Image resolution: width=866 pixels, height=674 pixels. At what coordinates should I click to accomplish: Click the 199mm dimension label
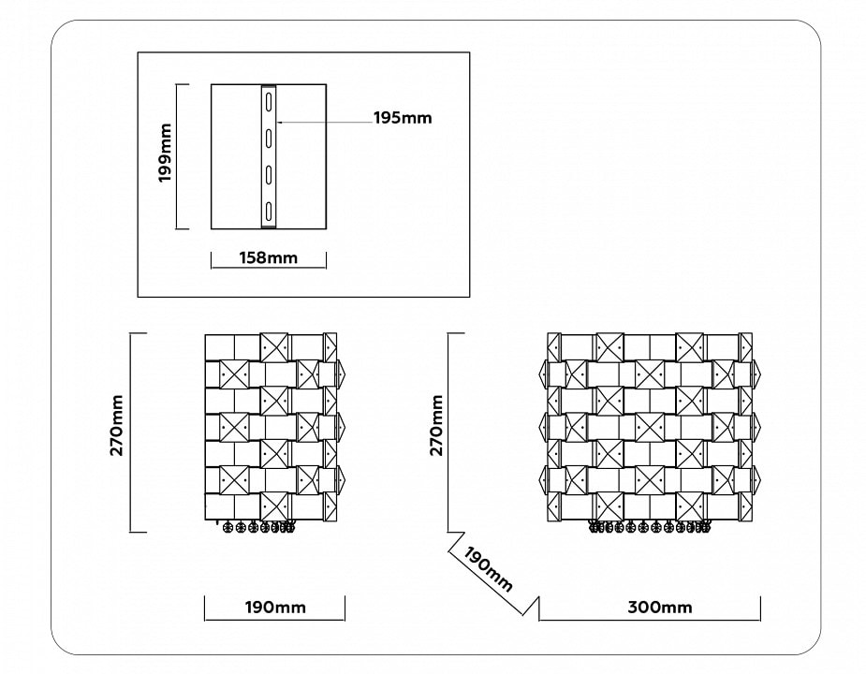pos(165,154)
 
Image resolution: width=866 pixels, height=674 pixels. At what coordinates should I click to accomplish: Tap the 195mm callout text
pos(403,118)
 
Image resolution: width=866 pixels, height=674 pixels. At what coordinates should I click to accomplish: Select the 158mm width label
pos(268,257)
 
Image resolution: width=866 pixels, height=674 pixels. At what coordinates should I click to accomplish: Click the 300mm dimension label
pos(659,608)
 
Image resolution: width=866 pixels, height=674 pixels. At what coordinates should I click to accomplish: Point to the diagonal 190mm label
pos(489,569)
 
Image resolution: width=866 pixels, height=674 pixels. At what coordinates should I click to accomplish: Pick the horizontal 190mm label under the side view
pos(275,608)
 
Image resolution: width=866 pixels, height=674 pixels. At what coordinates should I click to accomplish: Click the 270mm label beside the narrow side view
pos(117,424)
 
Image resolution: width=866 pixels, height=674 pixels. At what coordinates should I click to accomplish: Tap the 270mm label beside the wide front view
pos(437,424)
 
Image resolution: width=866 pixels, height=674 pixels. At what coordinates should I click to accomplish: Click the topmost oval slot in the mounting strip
pos(269,102)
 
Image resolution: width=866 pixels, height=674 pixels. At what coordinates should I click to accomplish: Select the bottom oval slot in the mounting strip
pos(269,211)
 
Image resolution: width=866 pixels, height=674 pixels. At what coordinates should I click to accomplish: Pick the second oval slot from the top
pos(269,139)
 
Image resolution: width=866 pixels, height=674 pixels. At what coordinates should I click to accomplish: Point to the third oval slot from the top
pos(269,174)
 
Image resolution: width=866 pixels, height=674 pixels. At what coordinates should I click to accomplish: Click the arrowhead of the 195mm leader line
pos(279,122)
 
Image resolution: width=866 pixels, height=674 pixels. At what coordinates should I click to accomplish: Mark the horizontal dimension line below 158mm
pos(269,268)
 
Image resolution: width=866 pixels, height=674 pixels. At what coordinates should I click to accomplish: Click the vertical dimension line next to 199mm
pos(176,156)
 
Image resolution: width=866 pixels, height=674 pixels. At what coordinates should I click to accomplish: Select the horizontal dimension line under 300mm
pos(650,620)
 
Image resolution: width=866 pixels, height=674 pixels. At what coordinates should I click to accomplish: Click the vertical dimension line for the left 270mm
pos(130,432)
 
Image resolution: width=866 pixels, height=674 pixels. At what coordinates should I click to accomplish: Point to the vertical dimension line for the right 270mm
pos(448,432)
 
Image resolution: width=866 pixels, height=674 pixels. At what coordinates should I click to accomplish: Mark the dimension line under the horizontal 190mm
pos(274,620)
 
